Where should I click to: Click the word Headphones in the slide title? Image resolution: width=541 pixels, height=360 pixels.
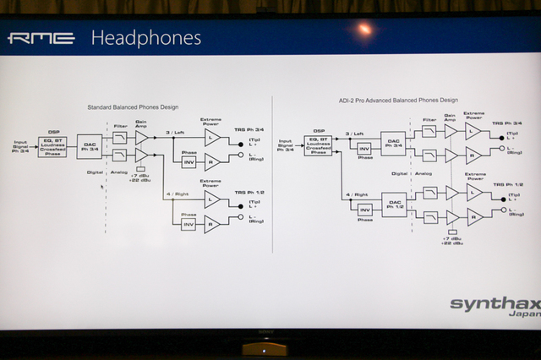(145, 38)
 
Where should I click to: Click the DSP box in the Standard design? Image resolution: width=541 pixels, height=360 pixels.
(52, 146)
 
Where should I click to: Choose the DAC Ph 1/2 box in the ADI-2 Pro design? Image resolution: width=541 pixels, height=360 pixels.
(394, 205)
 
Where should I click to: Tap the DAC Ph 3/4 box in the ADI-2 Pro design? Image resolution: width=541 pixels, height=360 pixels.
(393, 142)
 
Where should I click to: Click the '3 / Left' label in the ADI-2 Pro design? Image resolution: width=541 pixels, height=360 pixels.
(356, 133)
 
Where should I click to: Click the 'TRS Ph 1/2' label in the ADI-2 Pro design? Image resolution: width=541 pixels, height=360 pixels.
(507, 184)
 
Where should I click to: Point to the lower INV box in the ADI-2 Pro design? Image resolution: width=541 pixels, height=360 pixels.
(365, 210)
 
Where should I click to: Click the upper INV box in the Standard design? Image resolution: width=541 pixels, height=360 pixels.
(189, 161)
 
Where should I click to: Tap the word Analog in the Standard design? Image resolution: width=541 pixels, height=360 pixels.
(119, 171)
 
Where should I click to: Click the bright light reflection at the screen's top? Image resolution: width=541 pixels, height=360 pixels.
(365, 30)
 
